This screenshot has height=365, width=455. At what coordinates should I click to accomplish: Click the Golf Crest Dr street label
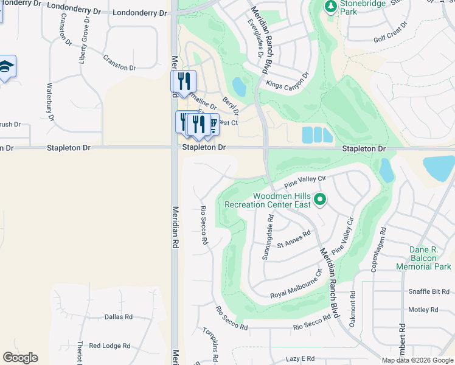[x=387, y=38]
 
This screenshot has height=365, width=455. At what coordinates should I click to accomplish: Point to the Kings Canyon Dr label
[x=288, y=80]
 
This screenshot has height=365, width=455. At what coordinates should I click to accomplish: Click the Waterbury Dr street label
[x=51, y=102]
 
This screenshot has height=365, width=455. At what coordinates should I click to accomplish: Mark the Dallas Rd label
[x=118, y=317]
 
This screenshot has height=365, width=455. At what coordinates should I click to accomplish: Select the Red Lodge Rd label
[x=109, y=346]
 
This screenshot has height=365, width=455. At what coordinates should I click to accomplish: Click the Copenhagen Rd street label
[x=375, y=250]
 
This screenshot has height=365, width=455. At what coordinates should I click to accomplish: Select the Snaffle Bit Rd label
[x=428, y=292]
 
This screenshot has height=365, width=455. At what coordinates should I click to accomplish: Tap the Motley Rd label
[x=423, y=310]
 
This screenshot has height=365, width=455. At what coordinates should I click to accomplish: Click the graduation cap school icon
[x=5, y=66]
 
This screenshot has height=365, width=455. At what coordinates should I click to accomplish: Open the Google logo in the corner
[x=20, y=358]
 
